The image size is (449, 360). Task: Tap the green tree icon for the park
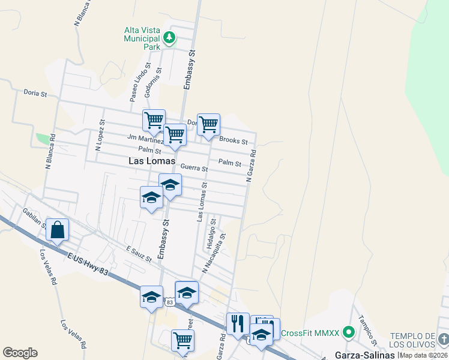(x=170, y=38)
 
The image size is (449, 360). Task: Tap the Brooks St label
(x=233, y=140)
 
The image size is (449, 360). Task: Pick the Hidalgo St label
(x=211, y=233)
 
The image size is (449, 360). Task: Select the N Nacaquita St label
(x=214, y=253)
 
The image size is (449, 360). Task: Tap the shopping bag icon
(x=57, y=230)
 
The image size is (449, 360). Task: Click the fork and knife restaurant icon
(x=238, y=324)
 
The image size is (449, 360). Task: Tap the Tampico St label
(x=367, y=331)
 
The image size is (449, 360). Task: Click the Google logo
(x=20, y=353)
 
